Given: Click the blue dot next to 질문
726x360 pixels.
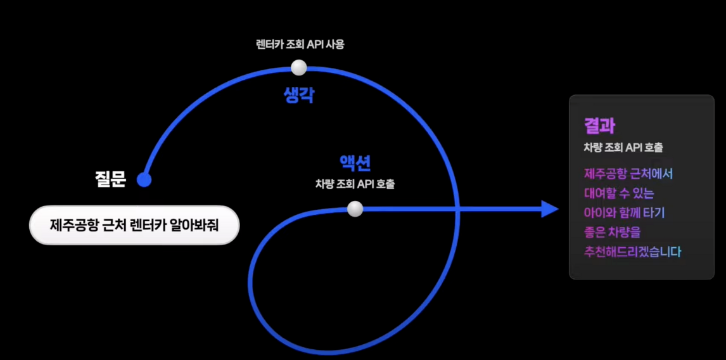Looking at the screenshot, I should (144, 180).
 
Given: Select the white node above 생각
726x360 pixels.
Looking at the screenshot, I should (298, 67).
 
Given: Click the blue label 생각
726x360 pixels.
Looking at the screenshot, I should (299, 95).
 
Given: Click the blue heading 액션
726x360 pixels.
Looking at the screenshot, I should (355, 164).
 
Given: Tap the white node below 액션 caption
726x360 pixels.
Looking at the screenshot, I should (355, 209).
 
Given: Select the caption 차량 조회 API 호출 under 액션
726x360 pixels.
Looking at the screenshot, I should (355, 184).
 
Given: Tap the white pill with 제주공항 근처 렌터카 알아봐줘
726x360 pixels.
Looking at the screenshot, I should (134, 225).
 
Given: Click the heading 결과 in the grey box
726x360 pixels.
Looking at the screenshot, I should (599, 125).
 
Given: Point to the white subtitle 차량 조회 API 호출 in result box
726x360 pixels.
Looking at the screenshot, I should (623, 147).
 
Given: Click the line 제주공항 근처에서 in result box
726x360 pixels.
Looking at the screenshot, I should (628, 173).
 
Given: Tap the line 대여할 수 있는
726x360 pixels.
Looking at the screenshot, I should (619, 193).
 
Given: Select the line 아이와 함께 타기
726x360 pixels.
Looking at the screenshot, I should (624, 212).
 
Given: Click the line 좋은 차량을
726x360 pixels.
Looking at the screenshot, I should (612, 232).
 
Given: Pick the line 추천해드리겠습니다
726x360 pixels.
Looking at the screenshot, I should (632, 252).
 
